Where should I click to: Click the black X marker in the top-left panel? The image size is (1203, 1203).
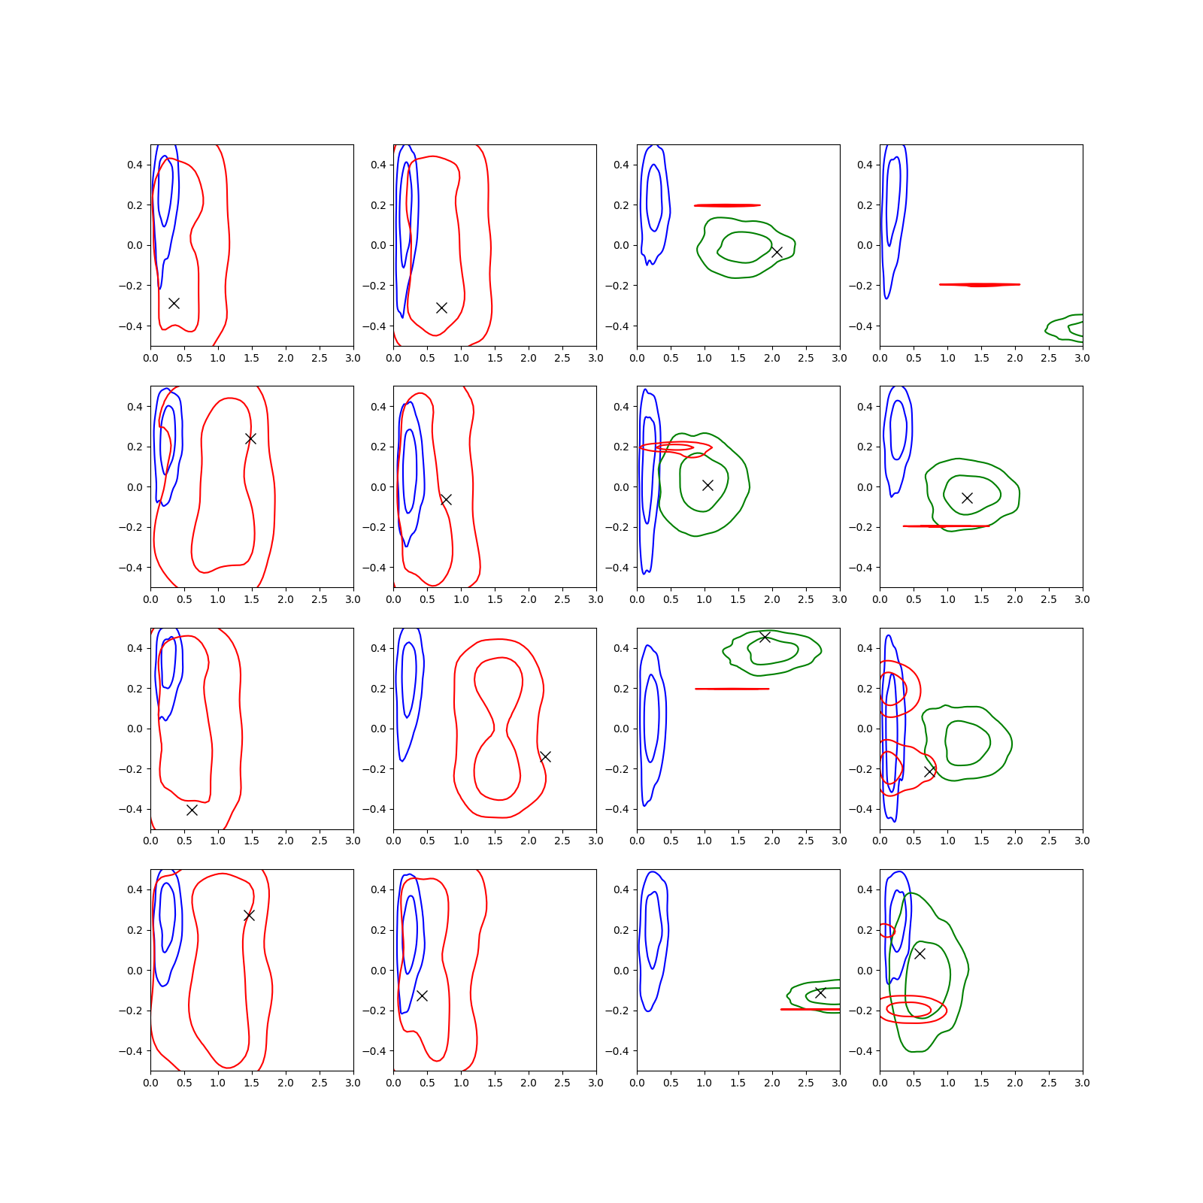[x=174, y=303]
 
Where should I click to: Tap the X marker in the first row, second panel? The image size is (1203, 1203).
[x=442, y=308]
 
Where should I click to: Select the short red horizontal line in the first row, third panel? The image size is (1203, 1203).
[x=727, y=205]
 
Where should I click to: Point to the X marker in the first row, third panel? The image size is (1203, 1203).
[x=777, y=252]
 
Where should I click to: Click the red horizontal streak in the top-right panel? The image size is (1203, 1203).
[x=980, y=285]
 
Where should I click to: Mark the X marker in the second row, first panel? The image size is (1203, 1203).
[x=250, y=438]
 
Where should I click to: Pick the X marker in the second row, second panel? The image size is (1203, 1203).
[x=446, y=499]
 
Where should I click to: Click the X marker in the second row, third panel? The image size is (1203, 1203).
[x=708, y=485]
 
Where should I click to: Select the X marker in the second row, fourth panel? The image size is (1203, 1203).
[x=967, y=498]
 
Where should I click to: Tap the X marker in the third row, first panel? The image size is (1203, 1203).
[x=192, y=810]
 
